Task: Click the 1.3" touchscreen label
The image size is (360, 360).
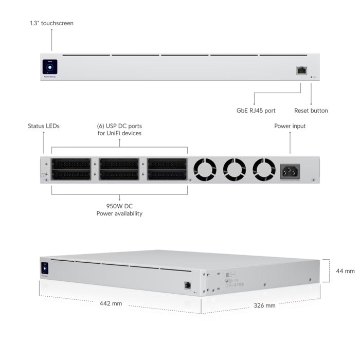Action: pyautogui.click(x=51, y=23)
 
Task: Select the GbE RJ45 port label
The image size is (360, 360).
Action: pyautogui.click(x=255, y=110)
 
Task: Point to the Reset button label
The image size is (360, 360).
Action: pyautogui.click(x=311, y=110)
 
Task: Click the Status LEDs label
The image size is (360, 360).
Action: pyautogui.click(x=44, y=126)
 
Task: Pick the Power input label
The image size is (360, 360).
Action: pyautogui.click(x=290, y=126)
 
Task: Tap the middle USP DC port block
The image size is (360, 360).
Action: pyautogui.click(x=119, y=169)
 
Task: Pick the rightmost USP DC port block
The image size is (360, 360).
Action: pyautogui.click(x=167, y=169)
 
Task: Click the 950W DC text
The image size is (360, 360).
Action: pyautogui.click(x=119, y=205)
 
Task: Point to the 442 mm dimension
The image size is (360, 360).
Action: pyautogui.click(x=111, y=303)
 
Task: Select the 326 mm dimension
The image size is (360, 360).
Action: pyautogui.click(x=264, y=305)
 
